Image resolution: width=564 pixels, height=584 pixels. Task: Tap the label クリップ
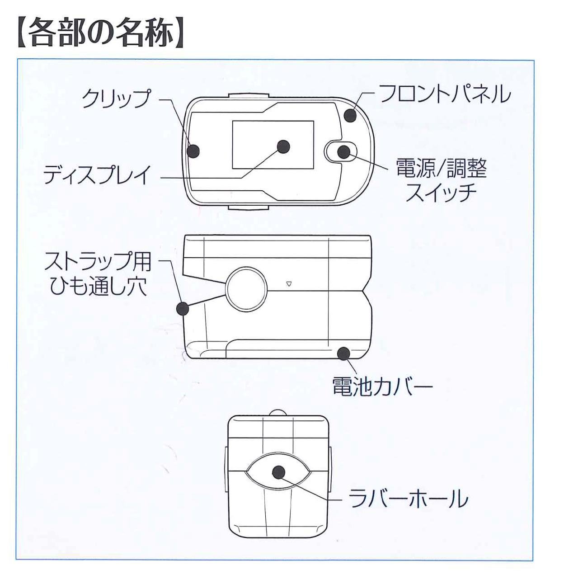[116, 98]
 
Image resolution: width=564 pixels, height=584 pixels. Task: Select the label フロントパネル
[445, 94]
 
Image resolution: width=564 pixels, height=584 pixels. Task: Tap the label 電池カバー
[382, 386]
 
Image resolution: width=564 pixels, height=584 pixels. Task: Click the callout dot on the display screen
[283, 146]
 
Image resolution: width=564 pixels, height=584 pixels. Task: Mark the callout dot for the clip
[193, 151]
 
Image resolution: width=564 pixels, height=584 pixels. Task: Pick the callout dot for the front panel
[350, 115]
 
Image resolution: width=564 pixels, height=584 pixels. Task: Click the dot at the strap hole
[182, 309]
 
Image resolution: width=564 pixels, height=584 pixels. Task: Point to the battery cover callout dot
[345, 353]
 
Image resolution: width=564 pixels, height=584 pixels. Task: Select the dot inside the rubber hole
[279, 472]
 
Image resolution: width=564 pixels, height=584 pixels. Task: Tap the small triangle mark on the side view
[289, 284]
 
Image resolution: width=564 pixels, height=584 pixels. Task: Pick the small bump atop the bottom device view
[279, 413]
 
